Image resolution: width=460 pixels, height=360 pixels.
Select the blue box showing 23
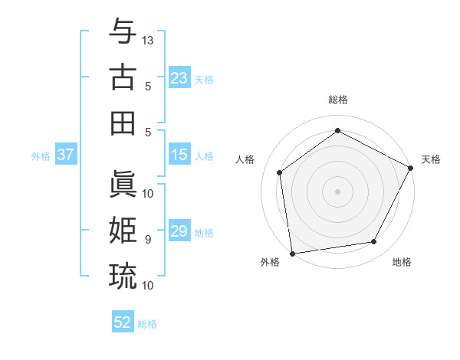click(x=179, y=78)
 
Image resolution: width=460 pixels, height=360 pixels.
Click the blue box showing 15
click(x=179, y=155)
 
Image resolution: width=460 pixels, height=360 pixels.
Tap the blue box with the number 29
click(x=179, y=232)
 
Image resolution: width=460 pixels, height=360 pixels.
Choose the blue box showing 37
click(x=65, y=155)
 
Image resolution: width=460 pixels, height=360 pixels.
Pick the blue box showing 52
click(x=123, y=322)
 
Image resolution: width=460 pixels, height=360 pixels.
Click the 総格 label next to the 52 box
click(x=147, y=324)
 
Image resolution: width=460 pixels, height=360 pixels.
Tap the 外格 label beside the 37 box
click(x=41, y=156)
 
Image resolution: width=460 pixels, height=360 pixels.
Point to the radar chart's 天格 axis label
click(x=431, y=159)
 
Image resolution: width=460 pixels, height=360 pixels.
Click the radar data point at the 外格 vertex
click(x=292, y=253)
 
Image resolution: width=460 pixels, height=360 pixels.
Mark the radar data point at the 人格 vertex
click(x=280, y=172)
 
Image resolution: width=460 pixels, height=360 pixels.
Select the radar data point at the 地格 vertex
click(x=374, y=241)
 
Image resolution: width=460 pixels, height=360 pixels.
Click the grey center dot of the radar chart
click(x=337, y=191)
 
